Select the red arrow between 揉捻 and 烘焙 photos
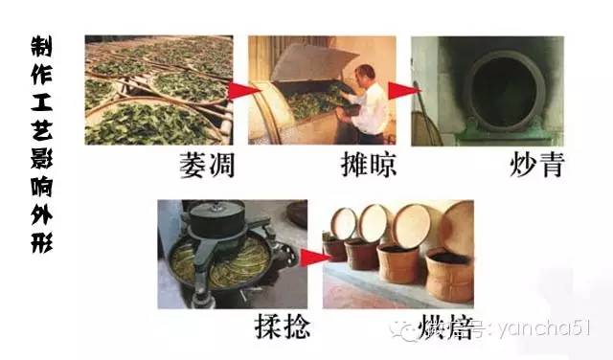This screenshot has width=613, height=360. (x=308, y=257)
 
